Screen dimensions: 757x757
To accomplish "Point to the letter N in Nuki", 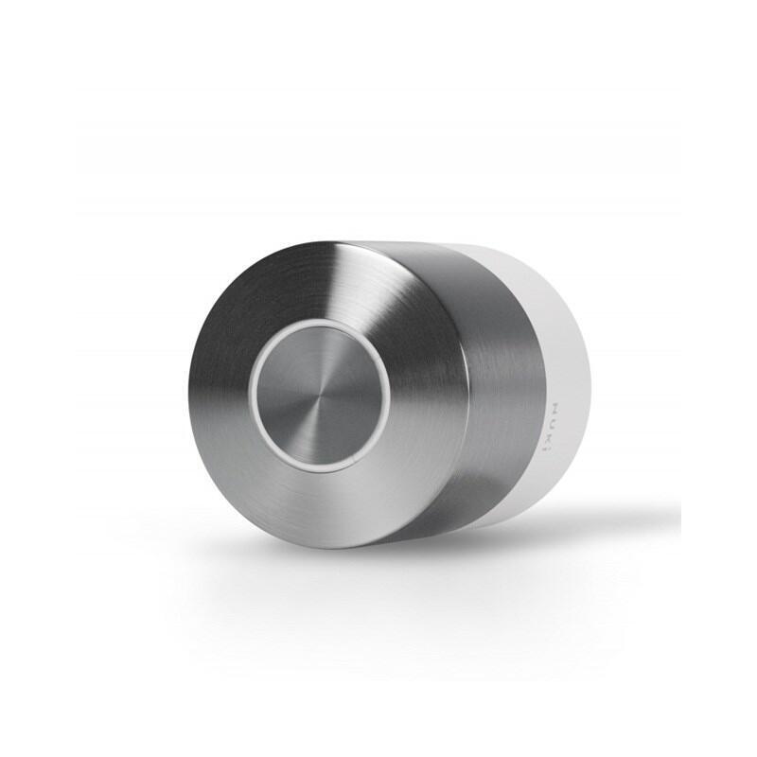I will [x=555, y=408].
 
